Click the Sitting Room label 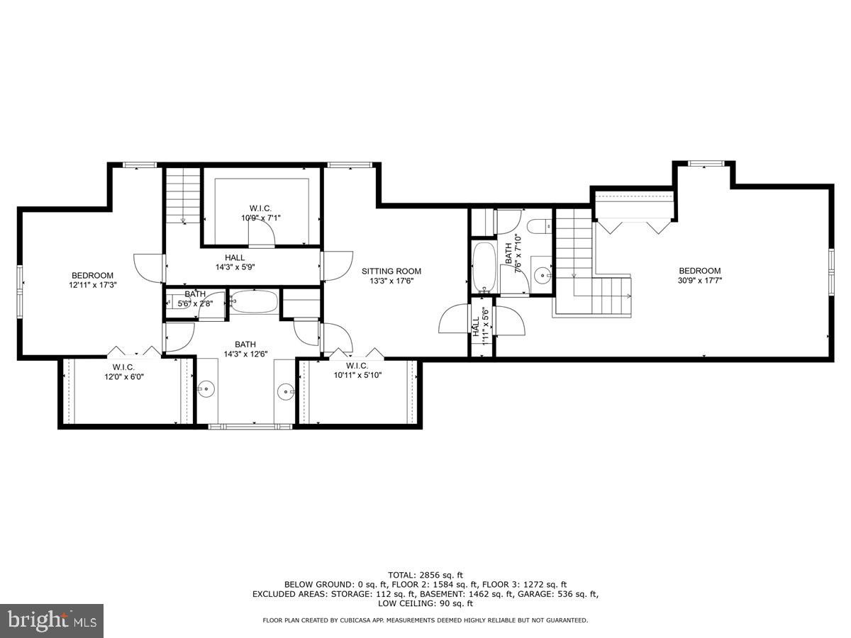(x=391, y=271)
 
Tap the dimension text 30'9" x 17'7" (x=699, y=280)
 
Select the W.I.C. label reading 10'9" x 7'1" (x=261, y=218)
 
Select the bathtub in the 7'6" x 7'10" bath (x=486, y=268)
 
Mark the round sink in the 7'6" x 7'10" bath (x=543, y=272)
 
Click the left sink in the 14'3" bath (x=206, y=388)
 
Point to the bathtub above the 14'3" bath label (x=254, y=302)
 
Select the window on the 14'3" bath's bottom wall (x=250, y=426)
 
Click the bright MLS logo (x=52, y=621)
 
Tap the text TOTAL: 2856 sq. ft (x=425, y=574)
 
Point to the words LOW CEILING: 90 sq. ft (x=425, y=604)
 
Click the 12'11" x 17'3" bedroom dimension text (x=92, y=285)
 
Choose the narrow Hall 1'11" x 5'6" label (x=480, y=326)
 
